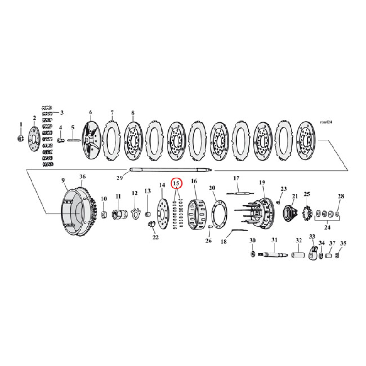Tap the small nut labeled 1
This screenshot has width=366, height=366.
[x=20, y=138]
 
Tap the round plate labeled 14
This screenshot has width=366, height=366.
[x=161, y=214]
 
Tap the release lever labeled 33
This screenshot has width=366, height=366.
[x=313, y=253]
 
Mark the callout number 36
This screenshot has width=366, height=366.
[x=82, y=177]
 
